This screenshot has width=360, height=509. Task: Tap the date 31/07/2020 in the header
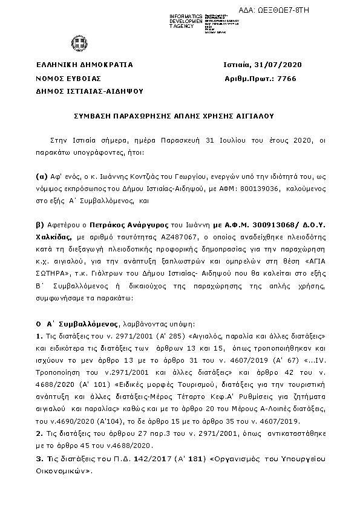pyautogui.click(x=280, y=65)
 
